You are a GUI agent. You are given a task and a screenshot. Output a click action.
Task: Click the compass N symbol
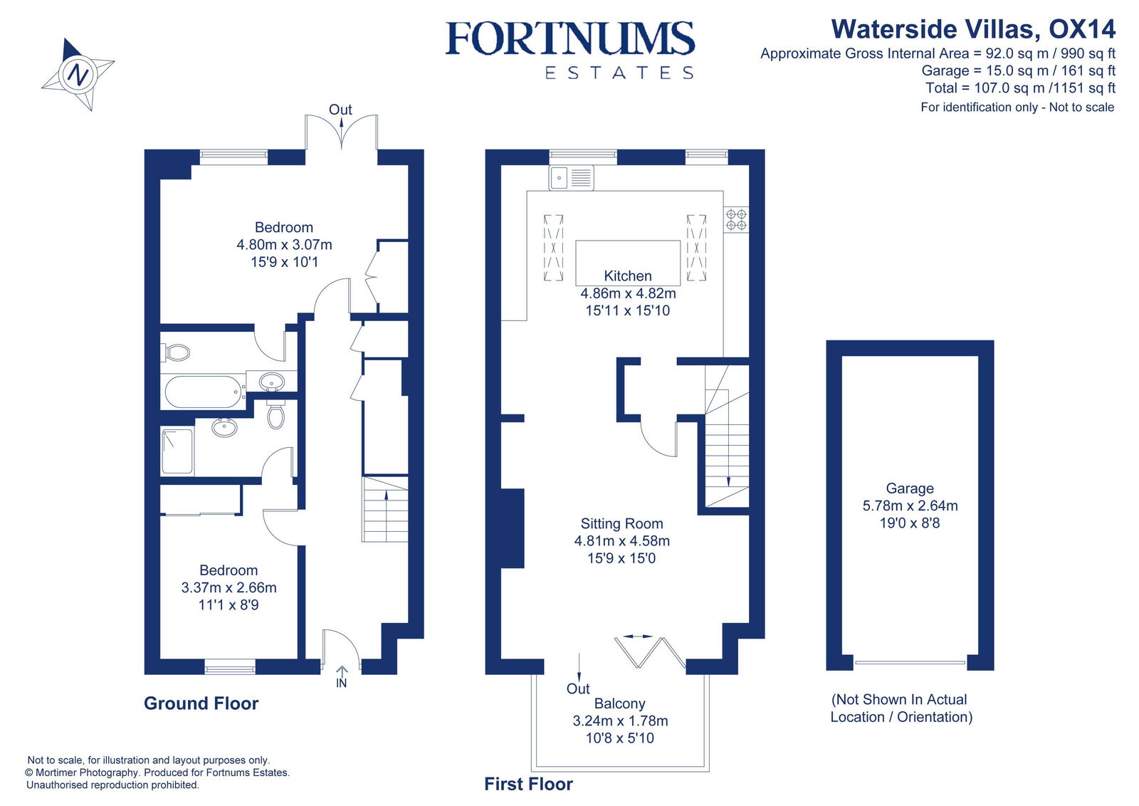point(78,74)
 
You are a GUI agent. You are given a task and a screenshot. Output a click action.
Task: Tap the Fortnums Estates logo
point(569,50)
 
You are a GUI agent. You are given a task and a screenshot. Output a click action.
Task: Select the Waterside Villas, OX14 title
point(972,29)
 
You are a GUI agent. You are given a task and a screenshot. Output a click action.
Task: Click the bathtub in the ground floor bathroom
point(204,392)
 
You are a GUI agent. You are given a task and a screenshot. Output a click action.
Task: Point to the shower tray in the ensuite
point(177,451)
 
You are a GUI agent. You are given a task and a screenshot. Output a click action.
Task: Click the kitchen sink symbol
point(571,178)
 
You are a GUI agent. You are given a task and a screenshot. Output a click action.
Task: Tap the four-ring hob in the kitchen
point(736,219)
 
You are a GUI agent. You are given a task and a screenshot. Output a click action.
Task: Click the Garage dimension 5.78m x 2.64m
point(910,506)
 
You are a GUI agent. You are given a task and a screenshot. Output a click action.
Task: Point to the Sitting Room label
point(621,523)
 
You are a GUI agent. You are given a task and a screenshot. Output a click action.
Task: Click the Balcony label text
point(619,703)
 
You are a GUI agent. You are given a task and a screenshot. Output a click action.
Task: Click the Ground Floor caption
point(201,703)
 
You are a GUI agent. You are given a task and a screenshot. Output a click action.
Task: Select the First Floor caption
point(528,784)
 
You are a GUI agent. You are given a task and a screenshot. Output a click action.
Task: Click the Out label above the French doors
point(340,110)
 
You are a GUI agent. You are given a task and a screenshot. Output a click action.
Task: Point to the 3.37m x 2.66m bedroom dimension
point(229,587)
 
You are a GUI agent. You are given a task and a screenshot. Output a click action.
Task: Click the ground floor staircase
point(385,510)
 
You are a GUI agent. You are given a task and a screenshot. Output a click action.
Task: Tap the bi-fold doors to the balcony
point(649,651)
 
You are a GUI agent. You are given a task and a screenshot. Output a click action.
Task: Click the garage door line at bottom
point(910,663)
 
